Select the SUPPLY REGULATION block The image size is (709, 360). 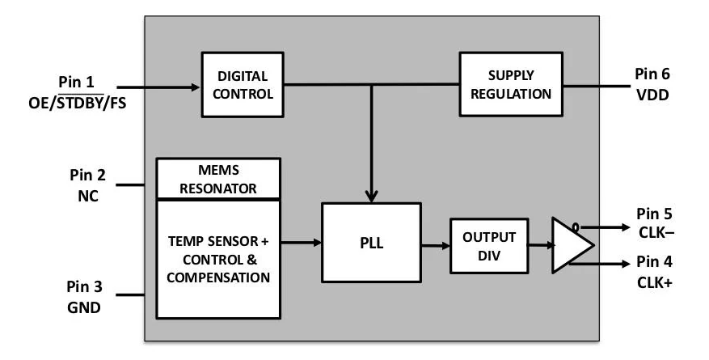[511, 83]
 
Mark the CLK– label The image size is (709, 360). [655, 232]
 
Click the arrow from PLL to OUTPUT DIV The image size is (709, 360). [436, 244]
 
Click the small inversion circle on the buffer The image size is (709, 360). [575, 227]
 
